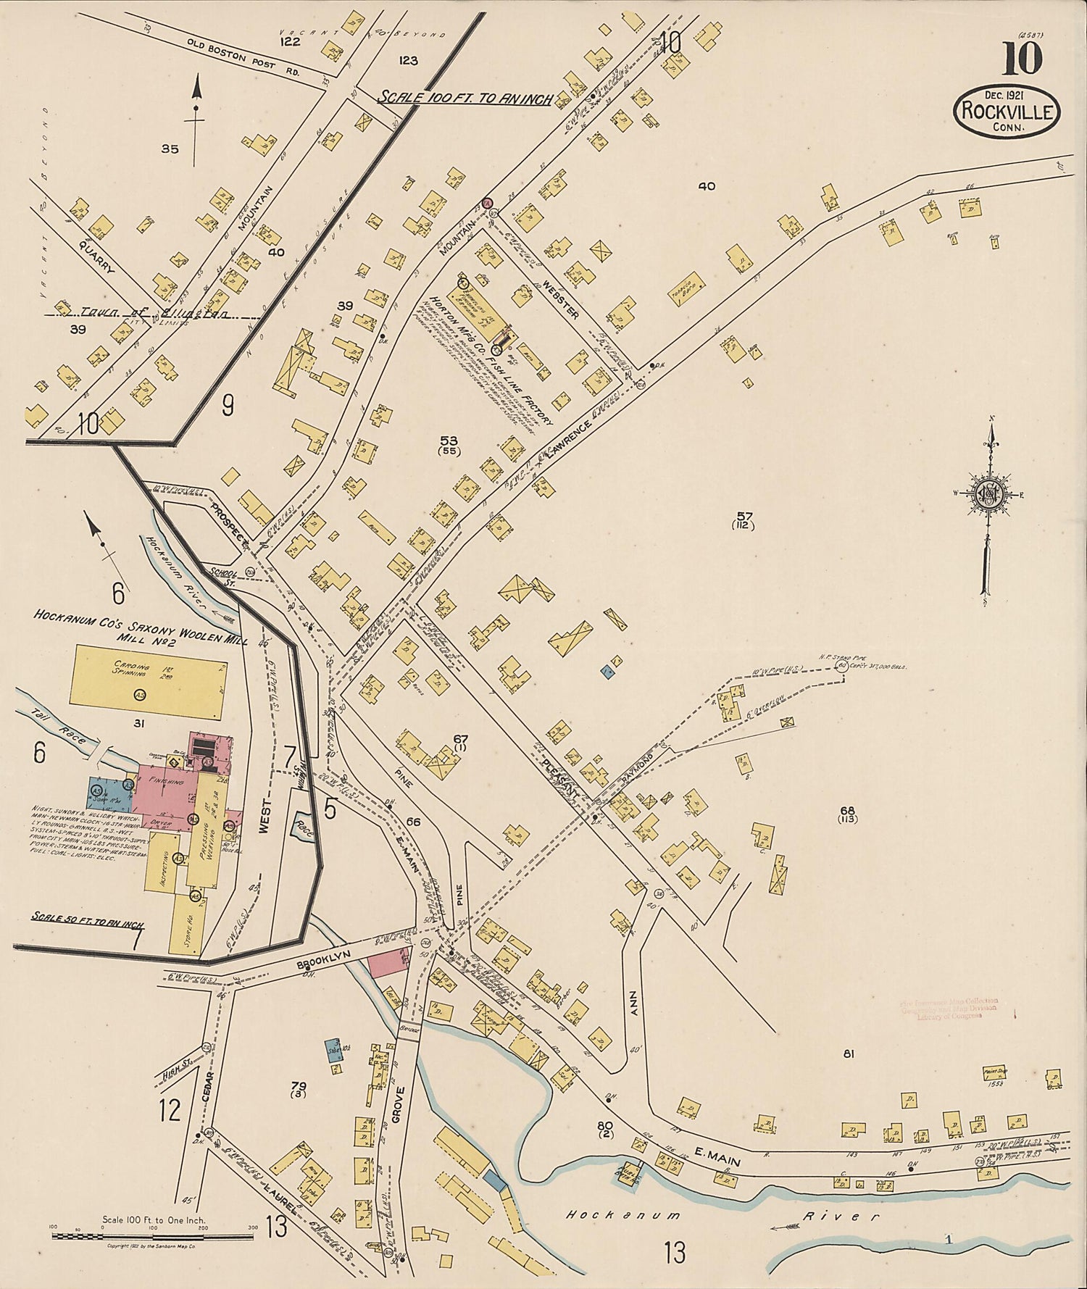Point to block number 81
[x=848, y=1054]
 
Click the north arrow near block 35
[x=196, y=109]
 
